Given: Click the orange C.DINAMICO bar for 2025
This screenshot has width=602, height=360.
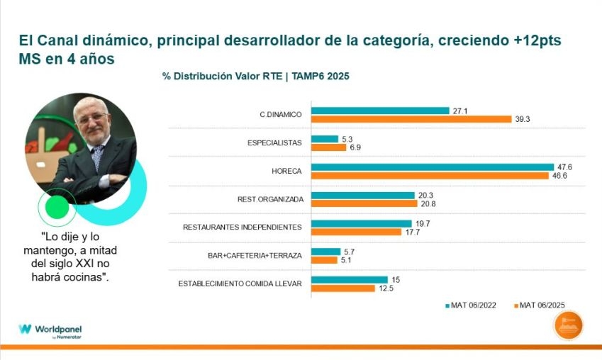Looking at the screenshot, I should [x=411, y=119].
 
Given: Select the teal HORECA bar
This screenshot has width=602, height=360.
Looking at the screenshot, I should [x=433, y=167].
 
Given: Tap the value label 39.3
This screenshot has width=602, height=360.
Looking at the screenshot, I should [x=522, y=119].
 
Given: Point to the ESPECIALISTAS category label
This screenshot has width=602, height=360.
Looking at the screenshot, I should [x=274, y=142].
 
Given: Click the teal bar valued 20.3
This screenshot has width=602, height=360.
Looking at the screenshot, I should [x=363, y=195].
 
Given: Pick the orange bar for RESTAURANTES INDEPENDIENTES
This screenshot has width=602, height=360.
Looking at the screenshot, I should [x=359, y=231].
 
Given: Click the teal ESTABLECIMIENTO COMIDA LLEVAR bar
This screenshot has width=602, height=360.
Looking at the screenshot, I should [x=350, y=280].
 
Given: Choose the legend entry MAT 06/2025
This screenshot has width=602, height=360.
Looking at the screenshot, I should [x=542, y=306].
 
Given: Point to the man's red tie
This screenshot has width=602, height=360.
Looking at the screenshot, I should [x=96, y=155].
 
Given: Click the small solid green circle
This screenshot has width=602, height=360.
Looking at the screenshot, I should [x=57, y=207].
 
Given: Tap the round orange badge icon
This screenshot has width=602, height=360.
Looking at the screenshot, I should [x=569, y=326].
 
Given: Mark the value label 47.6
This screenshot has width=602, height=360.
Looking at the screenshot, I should [x=564, y=167].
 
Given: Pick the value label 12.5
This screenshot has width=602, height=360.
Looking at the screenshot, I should [x=386, y=288].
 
